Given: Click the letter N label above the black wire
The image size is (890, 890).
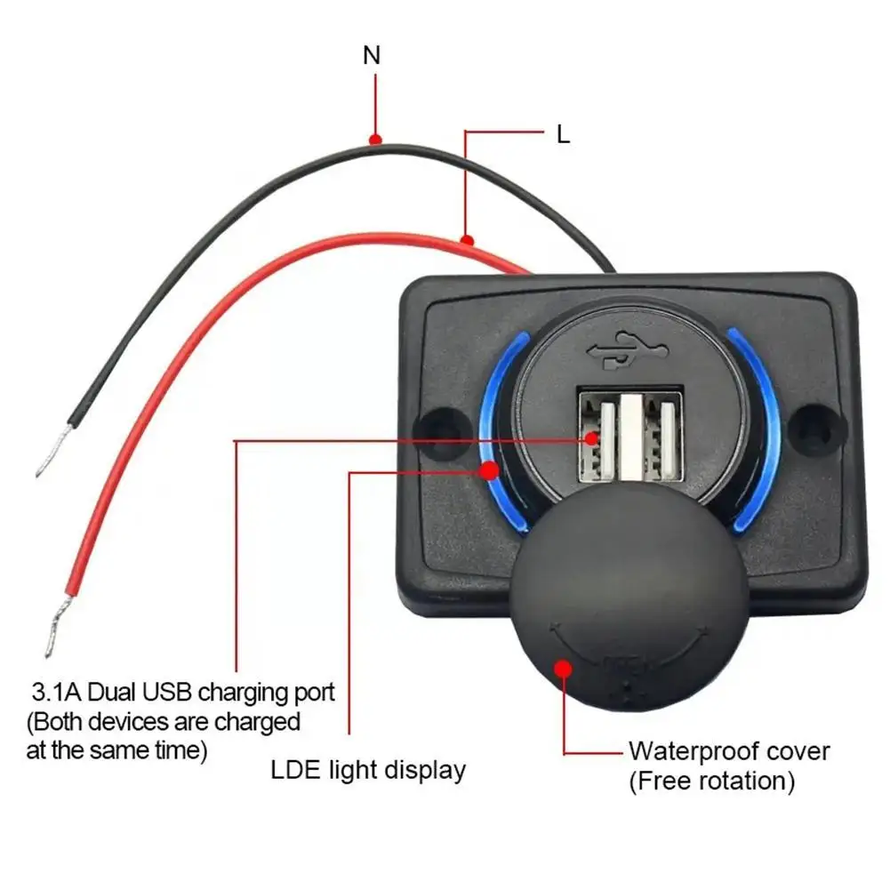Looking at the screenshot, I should tap(372, 55).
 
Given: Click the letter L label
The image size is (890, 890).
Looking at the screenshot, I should tap(563, 134).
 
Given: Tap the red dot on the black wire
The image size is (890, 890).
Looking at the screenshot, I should tap(376, 140).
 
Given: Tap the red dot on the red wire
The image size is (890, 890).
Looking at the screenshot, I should tap(466, 239).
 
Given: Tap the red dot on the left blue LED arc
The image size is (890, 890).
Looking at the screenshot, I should tap(488, 471).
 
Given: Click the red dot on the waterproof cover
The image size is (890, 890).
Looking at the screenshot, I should tap(562, 668).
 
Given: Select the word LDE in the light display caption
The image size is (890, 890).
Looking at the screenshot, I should tap(293, 769).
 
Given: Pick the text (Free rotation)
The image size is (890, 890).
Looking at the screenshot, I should tap(711, 782).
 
